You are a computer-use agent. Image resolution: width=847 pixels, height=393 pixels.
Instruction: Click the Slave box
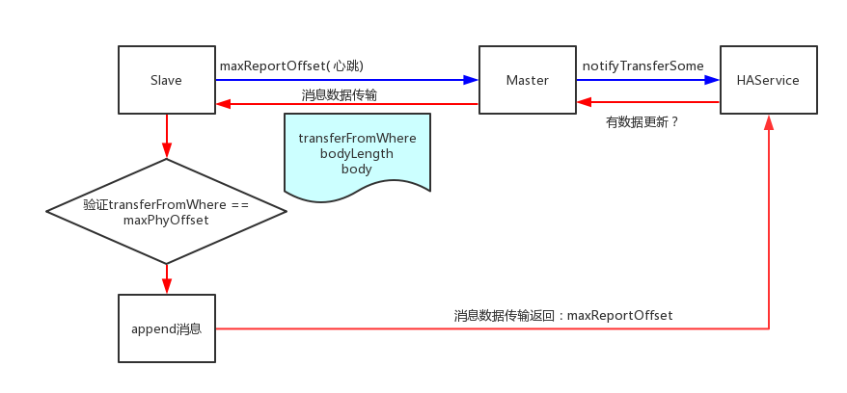166,80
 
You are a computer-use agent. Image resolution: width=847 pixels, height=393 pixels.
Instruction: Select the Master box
527,80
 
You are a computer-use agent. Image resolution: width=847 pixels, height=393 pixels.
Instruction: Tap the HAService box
768,80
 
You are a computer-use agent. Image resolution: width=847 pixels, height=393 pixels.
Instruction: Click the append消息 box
166,328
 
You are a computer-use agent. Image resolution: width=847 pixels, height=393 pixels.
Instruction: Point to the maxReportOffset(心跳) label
291,65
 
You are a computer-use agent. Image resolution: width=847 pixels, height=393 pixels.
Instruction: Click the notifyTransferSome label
642,65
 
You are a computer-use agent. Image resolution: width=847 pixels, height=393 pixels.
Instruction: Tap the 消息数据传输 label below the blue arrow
339,94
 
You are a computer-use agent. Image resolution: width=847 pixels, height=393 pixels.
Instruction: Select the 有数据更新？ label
642,122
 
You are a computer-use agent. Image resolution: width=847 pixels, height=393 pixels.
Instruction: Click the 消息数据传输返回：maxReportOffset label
563,315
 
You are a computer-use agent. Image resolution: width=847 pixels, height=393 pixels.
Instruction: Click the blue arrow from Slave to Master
347,80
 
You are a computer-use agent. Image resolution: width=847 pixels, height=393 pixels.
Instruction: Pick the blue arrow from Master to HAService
647,80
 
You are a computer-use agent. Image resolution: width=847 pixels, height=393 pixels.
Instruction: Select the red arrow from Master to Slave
347,104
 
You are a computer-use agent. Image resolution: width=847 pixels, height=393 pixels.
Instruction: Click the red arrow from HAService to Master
647,101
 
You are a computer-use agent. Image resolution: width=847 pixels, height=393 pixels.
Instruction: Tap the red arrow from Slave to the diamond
167,136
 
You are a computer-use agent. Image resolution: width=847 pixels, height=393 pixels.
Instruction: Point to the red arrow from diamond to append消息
167,278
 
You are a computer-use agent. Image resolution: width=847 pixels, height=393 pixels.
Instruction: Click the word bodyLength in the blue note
357,154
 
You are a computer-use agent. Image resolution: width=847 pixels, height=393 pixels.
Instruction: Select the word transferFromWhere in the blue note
357,139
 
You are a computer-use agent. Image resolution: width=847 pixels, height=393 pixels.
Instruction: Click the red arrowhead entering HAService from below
769,122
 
